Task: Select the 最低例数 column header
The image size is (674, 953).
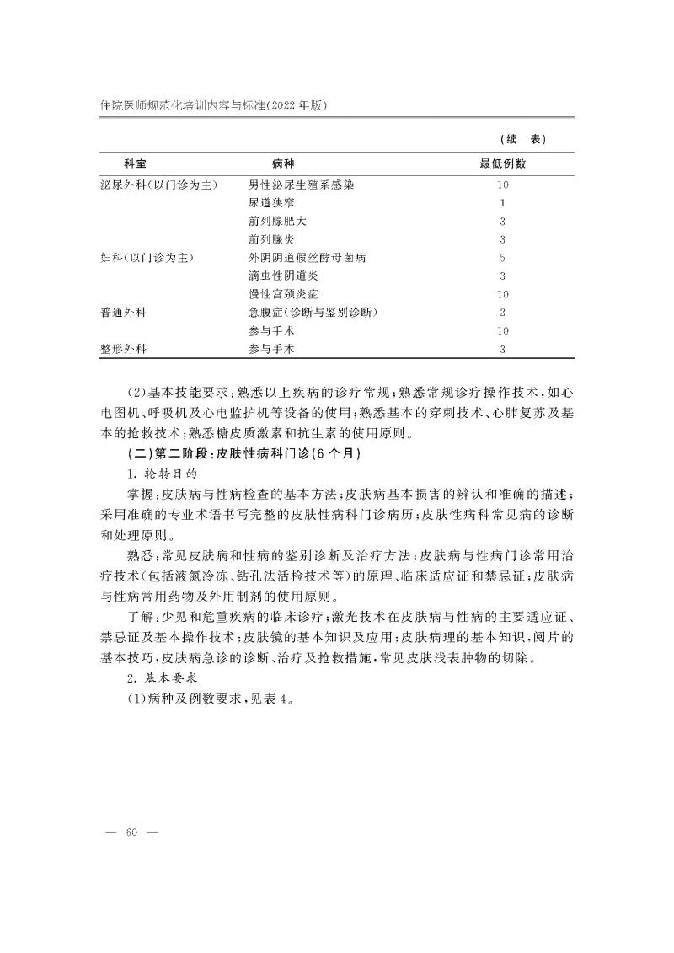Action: pos(502,163)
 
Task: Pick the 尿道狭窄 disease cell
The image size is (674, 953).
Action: pos(271,202)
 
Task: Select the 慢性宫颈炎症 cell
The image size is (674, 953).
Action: pos(283,294)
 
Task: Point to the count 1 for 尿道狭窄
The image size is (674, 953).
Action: pos(502,202)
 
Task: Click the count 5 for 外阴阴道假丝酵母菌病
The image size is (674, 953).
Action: pos(502,257)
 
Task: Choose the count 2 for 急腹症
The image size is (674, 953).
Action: pos(502,313)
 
